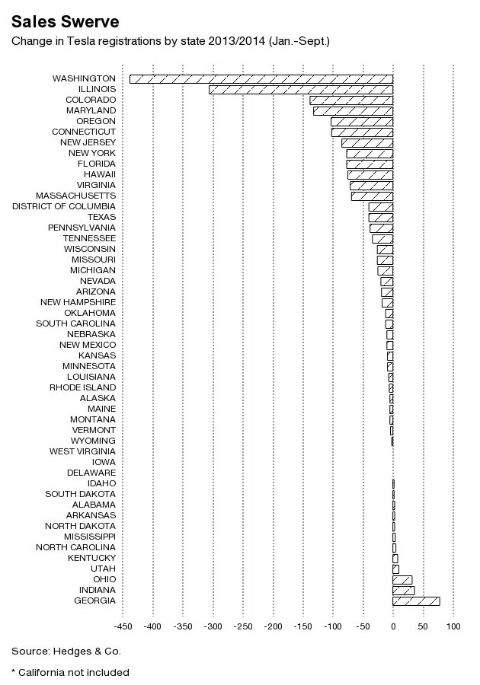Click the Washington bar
(261, 78)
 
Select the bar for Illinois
(301, 89)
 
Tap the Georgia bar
(416, 601)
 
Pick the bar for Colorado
(351, 100)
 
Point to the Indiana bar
(403, 590)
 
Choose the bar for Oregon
(362, 121)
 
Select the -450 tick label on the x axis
(123, 627)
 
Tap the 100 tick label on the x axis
(453, 627)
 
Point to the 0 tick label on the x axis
(393, 627)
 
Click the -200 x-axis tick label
(273, 627)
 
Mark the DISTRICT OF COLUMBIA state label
(64, 206)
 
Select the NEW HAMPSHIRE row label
(78, 302)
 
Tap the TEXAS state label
(101, 217)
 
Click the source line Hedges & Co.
(66, 651)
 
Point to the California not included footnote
(70, 672)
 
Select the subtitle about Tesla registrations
(170, 40)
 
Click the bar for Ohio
(402, 579)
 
